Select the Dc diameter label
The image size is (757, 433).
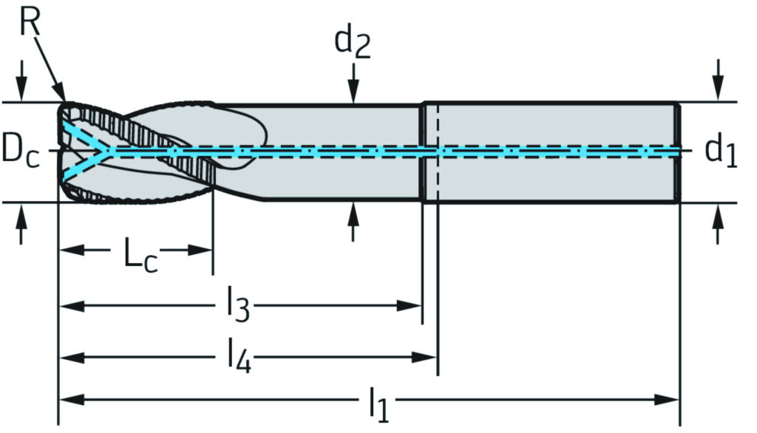click(21, 150)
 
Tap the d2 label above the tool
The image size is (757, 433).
click(353, 42)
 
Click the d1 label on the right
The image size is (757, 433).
click(721, 151)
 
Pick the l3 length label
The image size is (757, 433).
click(237, 307)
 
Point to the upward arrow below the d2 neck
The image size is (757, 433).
click(354, 214)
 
